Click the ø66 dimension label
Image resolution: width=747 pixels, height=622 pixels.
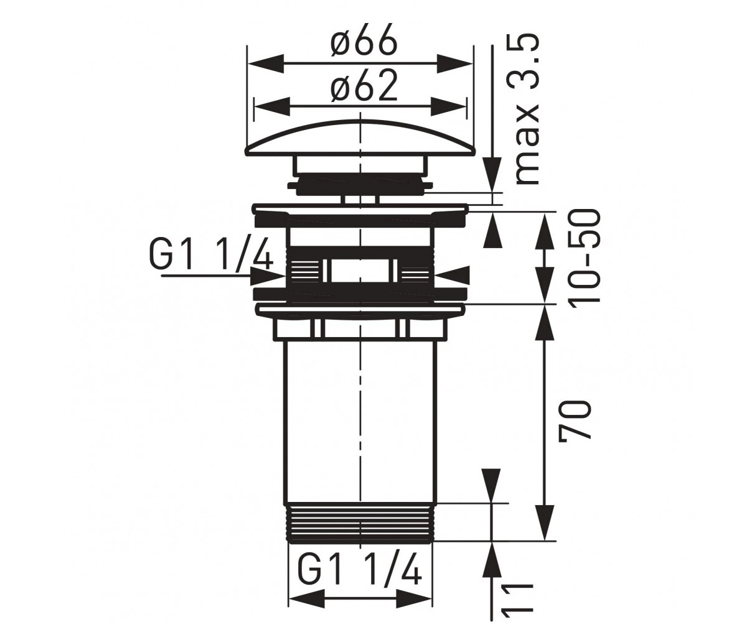[364, 40]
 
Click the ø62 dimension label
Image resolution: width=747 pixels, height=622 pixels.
[364, 85]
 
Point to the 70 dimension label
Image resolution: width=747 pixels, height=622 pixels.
[574, 419]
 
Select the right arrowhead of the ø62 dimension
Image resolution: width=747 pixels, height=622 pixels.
[448, 106]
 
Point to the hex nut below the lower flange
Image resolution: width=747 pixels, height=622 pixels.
[360, 328]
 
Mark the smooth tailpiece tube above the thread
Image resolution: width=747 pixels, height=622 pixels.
[360, 420]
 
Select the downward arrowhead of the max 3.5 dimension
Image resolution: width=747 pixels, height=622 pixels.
[492, 174]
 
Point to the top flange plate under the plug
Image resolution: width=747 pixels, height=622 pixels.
[360, 208]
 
